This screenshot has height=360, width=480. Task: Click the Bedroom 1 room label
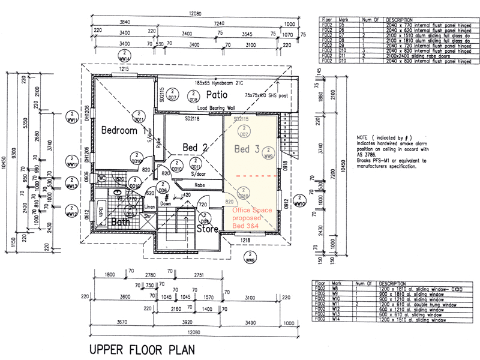pos(123,130)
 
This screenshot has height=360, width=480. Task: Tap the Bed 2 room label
pos(196,147)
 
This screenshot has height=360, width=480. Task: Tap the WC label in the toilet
pos(102,178)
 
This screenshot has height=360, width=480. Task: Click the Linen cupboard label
pos(151,206)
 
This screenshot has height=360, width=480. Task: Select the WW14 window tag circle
pos(124,56)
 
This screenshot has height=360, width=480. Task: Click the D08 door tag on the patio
pos(193,97)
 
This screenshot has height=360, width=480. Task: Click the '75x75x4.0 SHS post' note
pos(267,95)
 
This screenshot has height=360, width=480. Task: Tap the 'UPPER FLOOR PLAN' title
pos(141,349)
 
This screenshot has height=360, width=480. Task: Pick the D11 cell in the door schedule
pos(343,56)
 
